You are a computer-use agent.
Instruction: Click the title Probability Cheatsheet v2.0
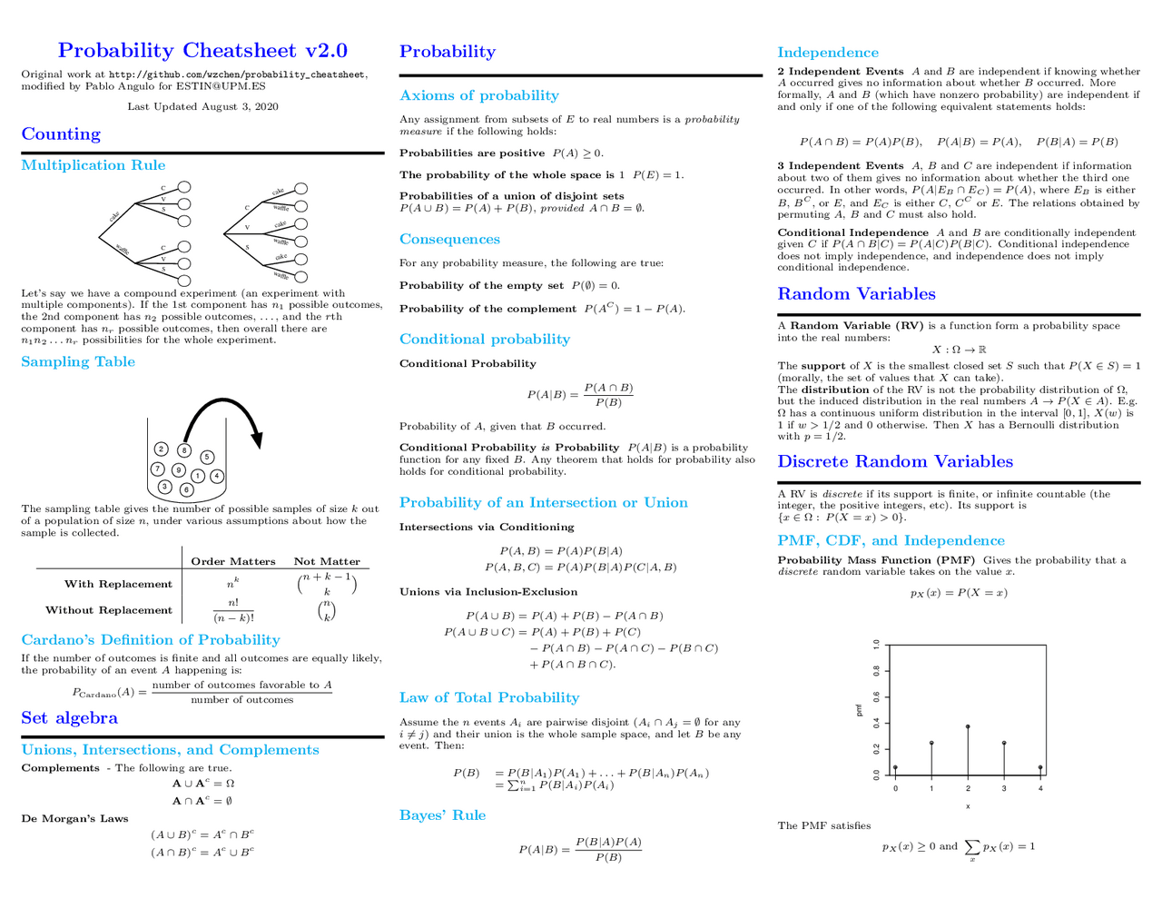click(202, 51)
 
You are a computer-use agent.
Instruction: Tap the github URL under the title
click(237, 74)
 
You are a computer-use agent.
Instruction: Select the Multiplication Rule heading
click(94, 165)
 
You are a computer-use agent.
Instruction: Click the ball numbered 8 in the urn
click(184, 450)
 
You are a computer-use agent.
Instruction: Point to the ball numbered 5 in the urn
click(207, 457)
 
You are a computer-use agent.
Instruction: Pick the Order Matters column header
click(233, 561)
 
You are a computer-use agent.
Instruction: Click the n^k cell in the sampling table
click(233, 584)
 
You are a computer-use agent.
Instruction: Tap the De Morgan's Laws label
click(74, 818)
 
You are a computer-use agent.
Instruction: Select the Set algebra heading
click(70, 718)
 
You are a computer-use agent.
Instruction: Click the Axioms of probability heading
click(479, 95)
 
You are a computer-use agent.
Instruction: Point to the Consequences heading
click(449, 240)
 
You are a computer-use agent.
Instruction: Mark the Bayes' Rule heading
click(442, 815)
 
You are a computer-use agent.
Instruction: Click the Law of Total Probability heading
click(489, 697)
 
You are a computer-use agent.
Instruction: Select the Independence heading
click(828, 53)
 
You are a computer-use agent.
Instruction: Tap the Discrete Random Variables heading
click(895, 461)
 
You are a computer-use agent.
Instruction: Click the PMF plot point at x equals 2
click(968, 726)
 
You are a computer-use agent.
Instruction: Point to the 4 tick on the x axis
click(1040, 788)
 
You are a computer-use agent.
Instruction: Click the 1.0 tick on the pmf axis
click(876, 645)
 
